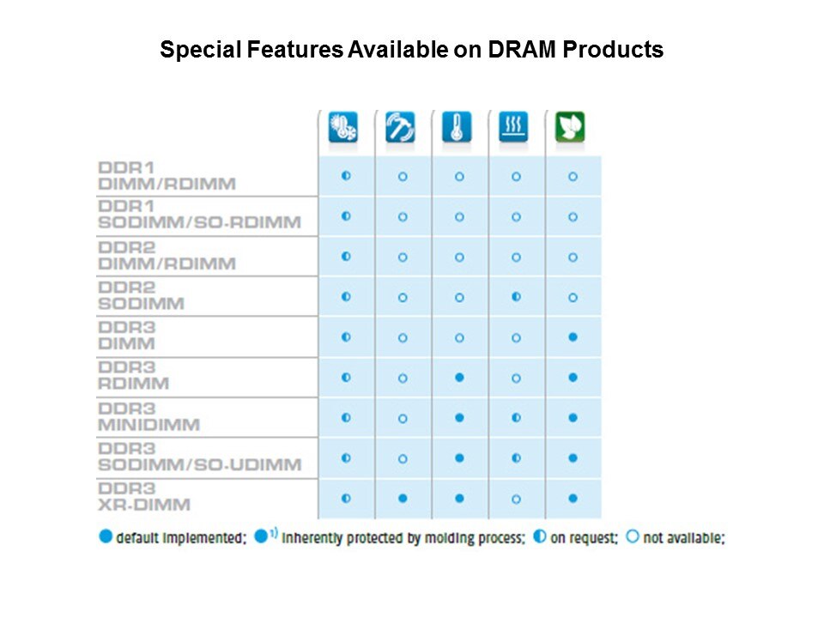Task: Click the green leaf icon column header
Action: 570,127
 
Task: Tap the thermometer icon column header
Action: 457,127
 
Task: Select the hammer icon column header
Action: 400,127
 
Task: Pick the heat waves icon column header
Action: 513,127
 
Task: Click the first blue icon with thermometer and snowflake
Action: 343,127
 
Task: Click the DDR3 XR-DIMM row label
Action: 144,497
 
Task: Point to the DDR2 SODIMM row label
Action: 142,296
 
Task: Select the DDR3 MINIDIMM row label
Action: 149,417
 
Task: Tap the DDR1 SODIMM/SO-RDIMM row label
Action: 200,215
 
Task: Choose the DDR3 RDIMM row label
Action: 134,376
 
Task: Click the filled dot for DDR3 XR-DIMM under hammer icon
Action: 403,498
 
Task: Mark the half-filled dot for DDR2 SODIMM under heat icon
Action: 516,297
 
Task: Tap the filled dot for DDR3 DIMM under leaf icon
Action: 573,336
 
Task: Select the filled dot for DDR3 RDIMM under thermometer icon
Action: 459,378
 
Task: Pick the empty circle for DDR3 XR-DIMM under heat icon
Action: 516,500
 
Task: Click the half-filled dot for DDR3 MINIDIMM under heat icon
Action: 516,418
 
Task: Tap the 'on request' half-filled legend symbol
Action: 539,536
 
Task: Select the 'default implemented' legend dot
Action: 106,536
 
